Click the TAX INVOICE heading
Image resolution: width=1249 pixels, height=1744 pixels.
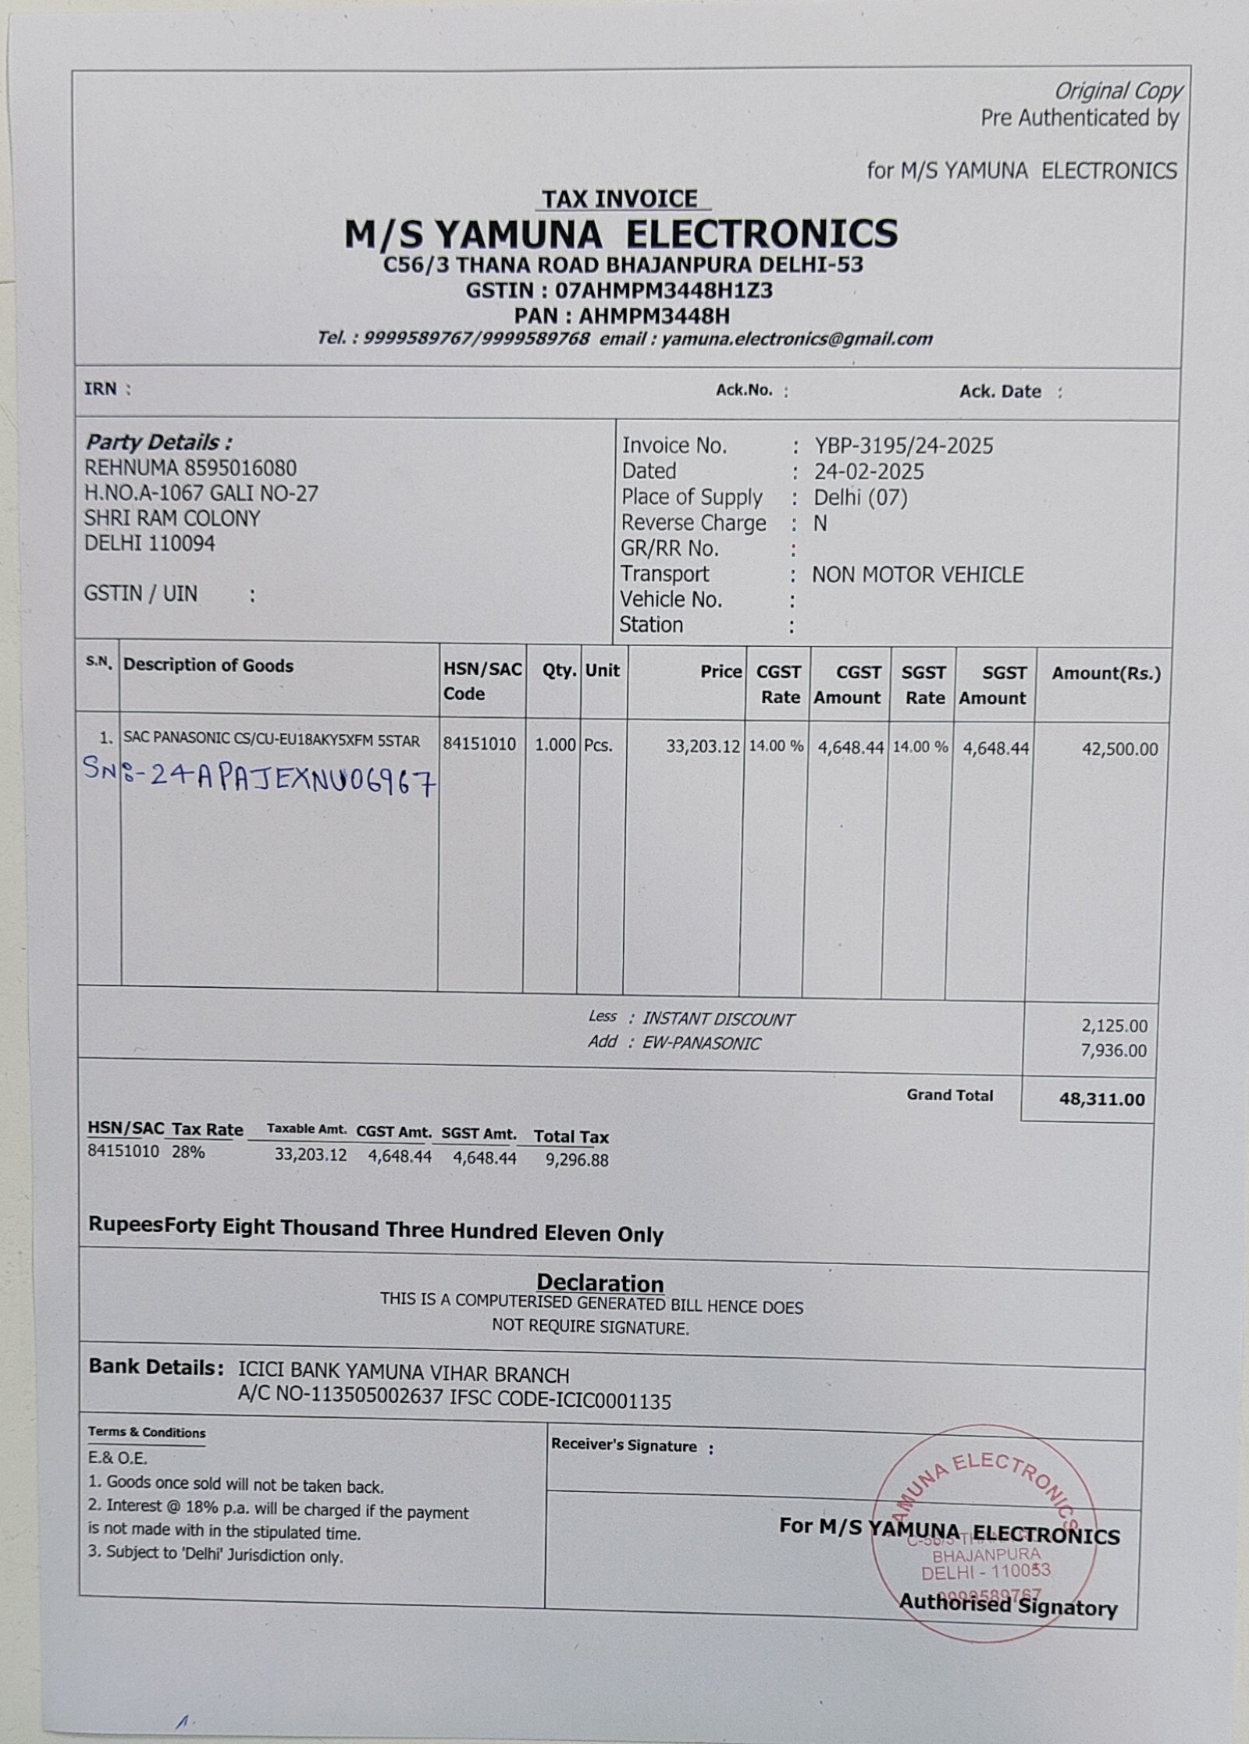(620, 199)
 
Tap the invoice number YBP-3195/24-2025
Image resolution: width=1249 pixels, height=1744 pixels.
(904, 446)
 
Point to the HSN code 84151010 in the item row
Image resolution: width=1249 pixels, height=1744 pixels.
(480, 744)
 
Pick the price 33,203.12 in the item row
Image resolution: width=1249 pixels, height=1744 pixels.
(703, 747)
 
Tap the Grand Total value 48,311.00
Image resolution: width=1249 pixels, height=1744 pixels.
(1101, 1099)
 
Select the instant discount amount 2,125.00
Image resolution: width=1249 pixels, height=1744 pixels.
(1114, 1026)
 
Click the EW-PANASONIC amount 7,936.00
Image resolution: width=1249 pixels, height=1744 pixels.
(1114, 1050)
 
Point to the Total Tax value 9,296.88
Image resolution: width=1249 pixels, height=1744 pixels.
(577, 1160)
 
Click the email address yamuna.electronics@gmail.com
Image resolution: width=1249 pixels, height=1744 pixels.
(797, 339)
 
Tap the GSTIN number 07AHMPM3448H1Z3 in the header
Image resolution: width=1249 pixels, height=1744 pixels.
(664, 290)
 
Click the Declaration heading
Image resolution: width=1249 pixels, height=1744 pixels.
(600, 1283)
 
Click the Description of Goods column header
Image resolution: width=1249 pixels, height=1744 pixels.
(208, 666)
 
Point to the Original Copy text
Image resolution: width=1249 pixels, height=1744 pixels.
(1118, 91)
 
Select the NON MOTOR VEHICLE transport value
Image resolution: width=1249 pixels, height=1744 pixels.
(917, 575)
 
